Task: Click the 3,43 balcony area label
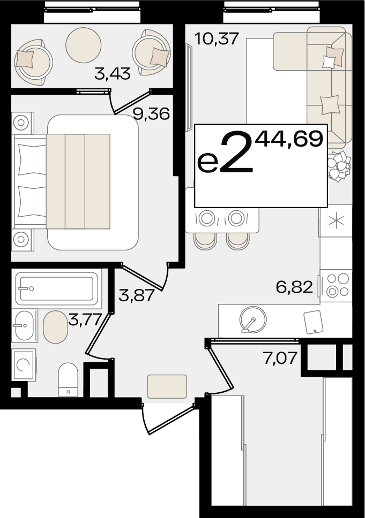113,73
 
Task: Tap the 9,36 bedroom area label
151,114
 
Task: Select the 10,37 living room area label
217,39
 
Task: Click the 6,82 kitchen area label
294,287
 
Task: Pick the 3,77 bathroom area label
85,320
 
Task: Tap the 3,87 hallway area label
137,295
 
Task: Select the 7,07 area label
280,358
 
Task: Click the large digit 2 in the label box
236,151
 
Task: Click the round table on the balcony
83,45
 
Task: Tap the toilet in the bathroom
68,379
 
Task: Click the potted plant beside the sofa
339,166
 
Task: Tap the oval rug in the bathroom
55,327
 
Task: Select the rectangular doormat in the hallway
167,386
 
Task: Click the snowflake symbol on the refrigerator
337,220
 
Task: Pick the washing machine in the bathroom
24,365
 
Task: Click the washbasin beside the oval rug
25,326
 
